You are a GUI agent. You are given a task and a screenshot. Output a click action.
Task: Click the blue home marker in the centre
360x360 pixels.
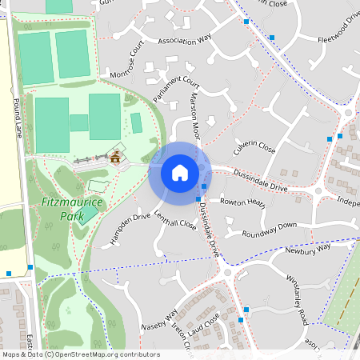coord(180,173)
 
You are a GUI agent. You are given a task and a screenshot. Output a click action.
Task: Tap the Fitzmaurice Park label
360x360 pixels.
coord(71,210)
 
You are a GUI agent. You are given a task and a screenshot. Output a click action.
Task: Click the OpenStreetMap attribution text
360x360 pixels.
coord(80,354)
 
